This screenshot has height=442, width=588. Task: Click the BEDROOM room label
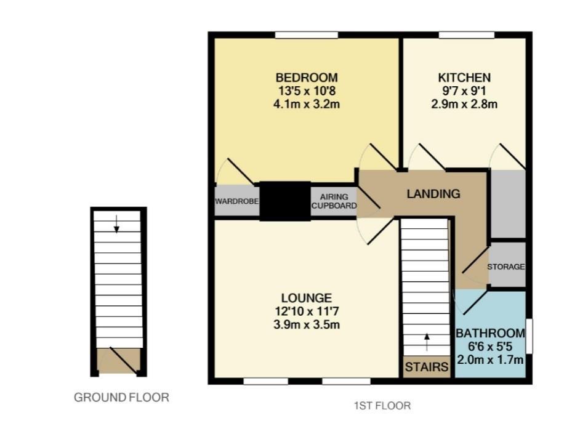coord(306,78)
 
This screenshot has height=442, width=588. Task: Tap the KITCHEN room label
coord(464,78)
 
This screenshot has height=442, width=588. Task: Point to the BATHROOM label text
coord(490,333)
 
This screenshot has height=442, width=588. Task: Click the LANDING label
coord(433,194)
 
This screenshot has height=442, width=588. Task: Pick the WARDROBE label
coord(237,201)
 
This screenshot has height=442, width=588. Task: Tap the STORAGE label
coord(506,267)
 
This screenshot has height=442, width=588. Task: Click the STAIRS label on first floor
coord(426,368)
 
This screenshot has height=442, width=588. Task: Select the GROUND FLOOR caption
coord(121,398)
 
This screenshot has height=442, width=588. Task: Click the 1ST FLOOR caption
coord(382,406)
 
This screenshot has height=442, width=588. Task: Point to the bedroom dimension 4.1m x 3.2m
coord(306,104)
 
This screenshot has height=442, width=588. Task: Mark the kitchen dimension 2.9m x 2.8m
coord(464,104)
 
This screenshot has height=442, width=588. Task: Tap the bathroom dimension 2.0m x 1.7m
coord(490,360)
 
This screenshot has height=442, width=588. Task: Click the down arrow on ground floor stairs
coord(116,225)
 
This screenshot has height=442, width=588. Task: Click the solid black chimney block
coord(284,201)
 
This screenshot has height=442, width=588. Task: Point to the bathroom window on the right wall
coord(530,336)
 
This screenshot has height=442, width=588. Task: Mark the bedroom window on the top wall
coord(306,35)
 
